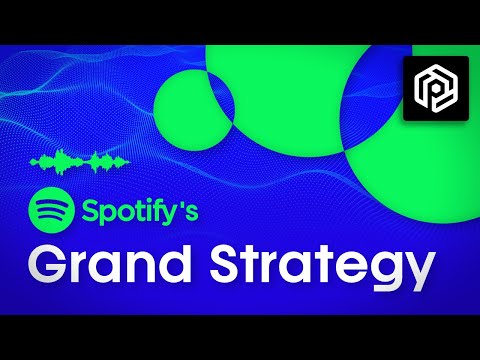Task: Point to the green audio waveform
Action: pos(80,160)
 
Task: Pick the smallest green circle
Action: pos(196,106)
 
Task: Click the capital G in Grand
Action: pos(49,267)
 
